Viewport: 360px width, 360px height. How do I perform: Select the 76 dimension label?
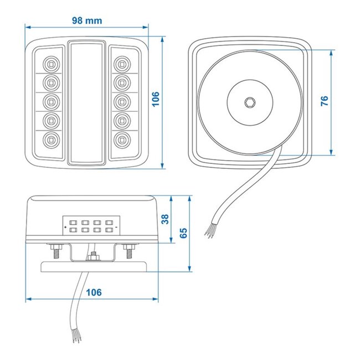point(325,101)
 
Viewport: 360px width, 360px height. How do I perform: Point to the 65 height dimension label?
point(183,233)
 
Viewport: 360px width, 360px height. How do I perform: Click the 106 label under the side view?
point(94,292)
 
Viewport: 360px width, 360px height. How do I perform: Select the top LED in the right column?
point(122,62)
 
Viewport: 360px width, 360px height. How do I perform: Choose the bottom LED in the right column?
point(122,139)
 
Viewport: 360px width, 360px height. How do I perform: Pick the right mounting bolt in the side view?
point(129,251)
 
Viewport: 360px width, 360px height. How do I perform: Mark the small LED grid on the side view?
point(91,224)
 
